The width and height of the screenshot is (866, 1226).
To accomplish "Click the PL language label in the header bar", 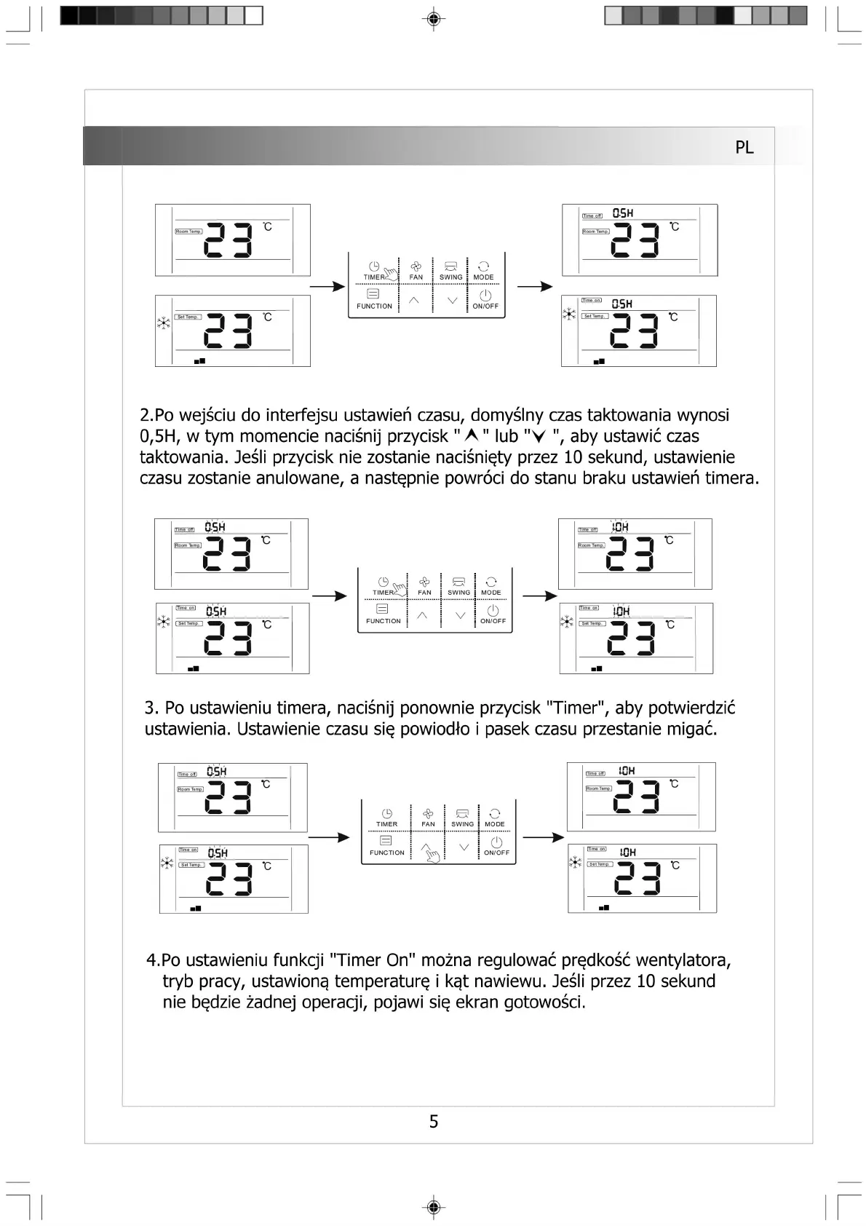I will (744, 147).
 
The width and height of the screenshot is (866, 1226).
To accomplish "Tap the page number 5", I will (434, 1121).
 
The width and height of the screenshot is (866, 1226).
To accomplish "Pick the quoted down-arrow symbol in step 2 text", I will (539, 436).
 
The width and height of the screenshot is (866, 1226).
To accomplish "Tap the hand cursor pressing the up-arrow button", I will (432, 854).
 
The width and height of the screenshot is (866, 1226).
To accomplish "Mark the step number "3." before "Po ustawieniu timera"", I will (151, 708).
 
